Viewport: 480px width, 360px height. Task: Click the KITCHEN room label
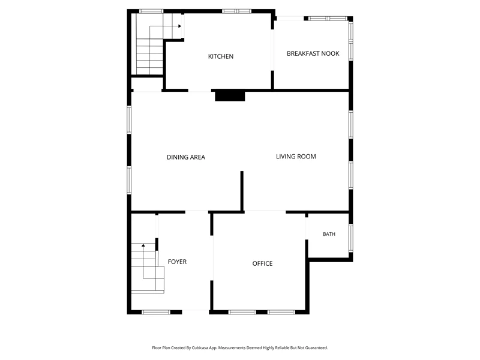pos(221,56)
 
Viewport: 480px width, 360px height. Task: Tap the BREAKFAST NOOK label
pos(313,53)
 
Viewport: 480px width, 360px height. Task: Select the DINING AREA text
pos(186,157)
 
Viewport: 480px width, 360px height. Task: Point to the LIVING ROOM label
pos(296,157)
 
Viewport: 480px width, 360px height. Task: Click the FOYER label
pos(177,262)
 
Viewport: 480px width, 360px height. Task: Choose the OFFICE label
pos(262,263)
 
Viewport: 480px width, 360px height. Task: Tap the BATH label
pos(329,234)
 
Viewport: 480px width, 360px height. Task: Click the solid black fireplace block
pos(230,95)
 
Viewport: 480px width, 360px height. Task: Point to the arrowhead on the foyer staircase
pos(143,245)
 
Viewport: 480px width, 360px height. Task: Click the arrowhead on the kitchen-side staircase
pos(180,26)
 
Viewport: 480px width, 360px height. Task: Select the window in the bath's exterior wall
pos(351,238)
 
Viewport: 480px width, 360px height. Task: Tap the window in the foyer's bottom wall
pos(156,312)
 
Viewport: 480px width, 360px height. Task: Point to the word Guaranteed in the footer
pos(317,348)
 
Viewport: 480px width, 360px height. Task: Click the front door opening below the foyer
pos(196,312)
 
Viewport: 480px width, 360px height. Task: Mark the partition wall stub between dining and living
pos(242,191)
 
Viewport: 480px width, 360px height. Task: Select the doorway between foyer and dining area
pos(197,212)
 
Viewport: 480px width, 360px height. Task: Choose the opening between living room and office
pos(265,212)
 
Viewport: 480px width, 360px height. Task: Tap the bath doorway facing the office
pos(307,229)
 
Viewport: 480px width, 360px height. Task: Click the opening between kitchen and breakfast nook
pos(272,50)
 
